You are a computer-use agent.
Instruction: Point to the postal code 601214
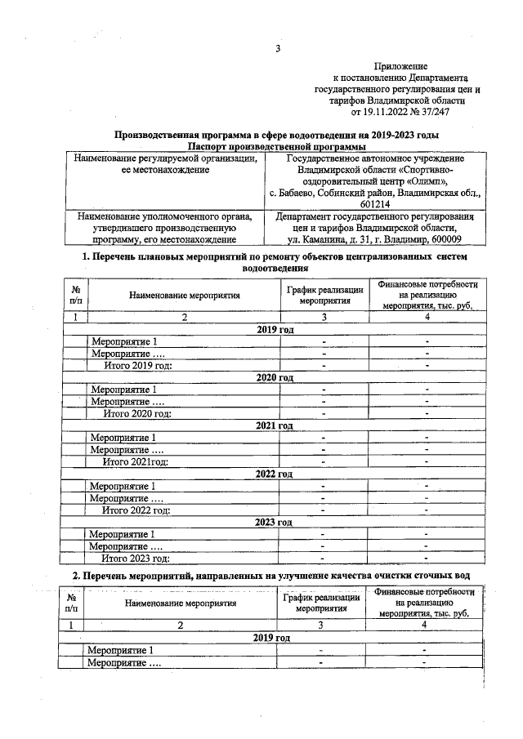[x=375, y=203]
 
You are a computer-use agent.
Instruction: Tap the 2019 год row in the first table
[x=275, y=329]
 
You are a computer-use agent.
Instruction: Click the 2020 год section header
[x=275, y=377]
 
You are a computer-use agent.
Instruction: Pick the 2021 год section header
[x=275, y=425]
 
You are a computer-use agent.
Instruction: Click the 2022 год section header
[x=275, y=474]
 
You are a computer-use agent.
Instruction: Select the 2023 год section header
[x=275, y=522]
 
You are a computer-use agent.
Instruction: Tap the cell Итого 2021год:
[x=135, y=462]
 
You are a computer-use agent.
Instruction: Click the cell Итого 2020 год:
[x=136, y=414]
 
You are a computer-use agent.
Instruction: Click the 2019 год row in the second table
[x=271, y=637]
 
